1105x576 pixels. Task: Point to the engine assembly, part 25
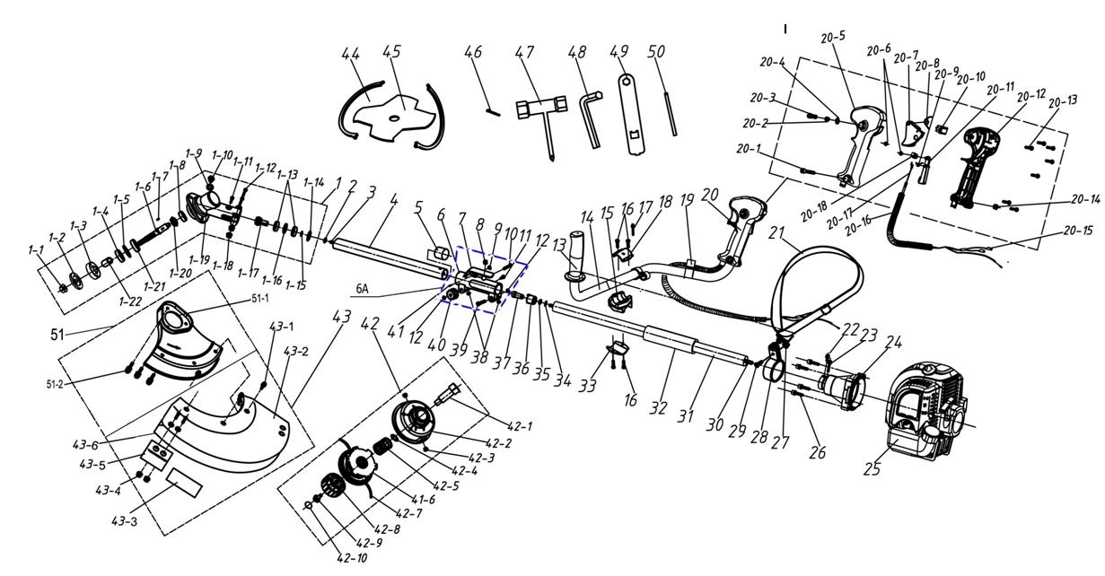(925, 413)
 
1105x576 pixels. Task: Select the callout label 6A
(362, 289)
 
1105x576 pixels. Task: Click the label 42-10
(350, 557)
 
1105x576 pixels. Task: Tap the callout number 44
(349, 55)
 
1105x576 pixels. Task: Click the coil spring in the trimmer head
(383, 443)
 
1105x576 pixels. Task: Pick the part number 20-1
(747, 149)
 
